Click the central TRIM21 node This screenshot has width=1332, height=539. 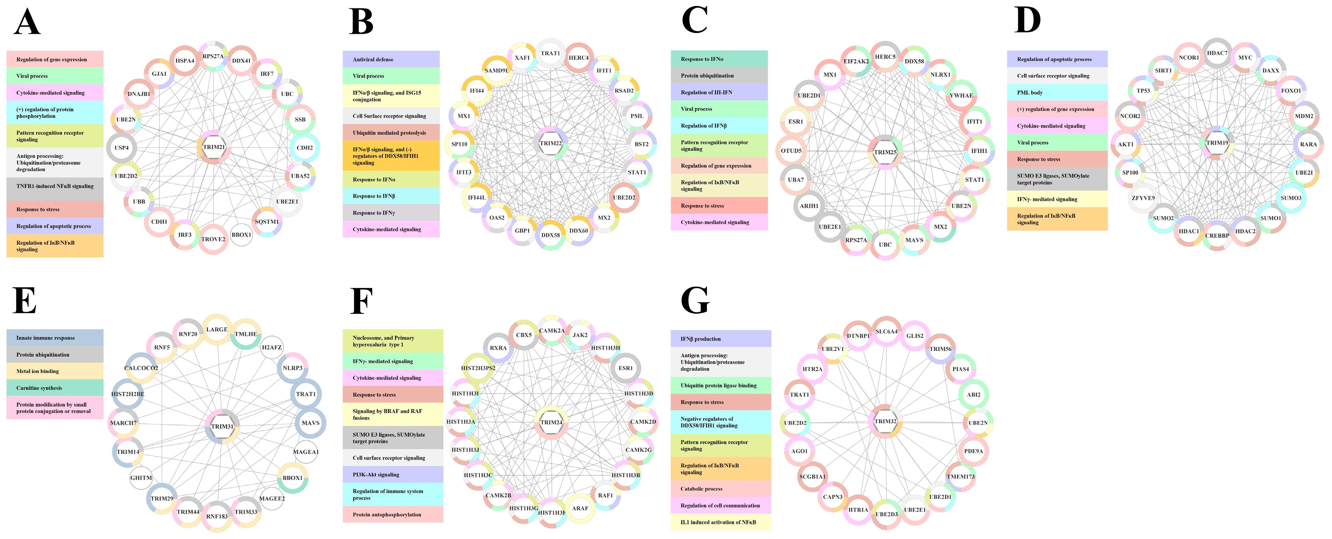(214, 147)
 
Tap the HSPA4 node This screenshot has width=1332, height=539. (185, 61)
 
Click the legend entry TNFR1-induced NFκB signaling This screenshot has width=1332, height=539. (55, 186)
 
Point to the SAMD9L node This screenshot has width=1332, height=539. (497, 70)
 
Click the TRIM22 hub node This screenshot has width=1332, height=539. (551, 143)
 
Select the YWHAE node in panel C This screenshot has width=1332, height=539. (961, 95)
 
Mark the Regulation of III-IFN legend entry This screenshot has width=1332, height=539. (719, 92)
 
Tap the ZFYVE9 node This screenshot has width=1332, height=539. (1143, 198)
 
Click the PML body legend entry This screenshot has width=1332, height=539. (1057, 92)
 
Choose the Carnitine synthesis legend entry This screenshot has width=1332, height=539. (55, 388)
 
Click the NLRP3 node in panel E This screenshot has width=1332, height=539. (293, 368)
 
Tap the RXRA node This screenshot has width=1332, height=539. (498, 348)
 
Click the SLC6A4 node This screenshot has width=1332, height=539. (886, 331)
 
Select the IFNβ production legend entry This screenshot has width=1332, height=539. (720, 339)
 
